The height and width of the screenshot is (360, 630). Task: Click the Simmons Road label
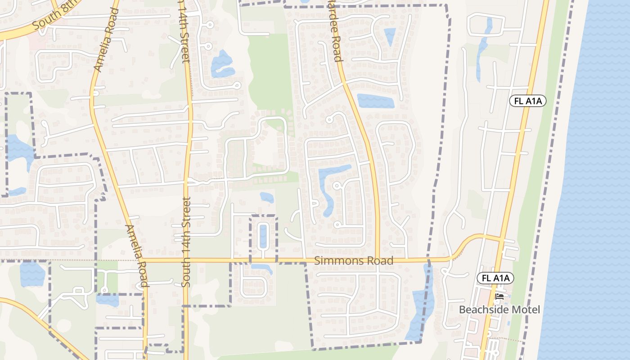pos(354,261)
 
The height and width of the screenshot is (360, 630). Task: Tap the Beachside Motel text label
pos(499,310)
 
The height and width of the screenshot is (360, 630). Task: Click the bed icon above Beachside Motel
pos(499,296)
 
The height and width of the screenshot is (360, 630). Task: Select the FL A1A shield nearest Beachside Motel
pos(495,279)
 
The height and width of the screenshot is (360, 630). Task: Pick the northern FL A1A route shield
pos(527,101)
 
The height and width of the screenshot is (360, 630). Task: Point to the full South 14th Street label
pos(186,242)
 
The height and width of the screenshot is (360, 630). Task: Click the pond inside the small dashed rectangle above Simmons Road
pos(263,236)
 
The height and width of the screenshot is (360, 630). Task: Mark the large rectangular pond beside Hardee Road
pos(375,101)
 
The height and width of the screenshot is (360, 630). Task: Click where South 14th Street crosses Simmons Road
pos(186,260)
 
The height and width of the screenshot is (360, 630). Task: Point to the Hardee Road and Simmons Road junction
pos(378,260)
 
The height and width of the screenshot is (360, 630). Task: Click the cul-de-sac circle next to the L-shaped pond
pos(336,185)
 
